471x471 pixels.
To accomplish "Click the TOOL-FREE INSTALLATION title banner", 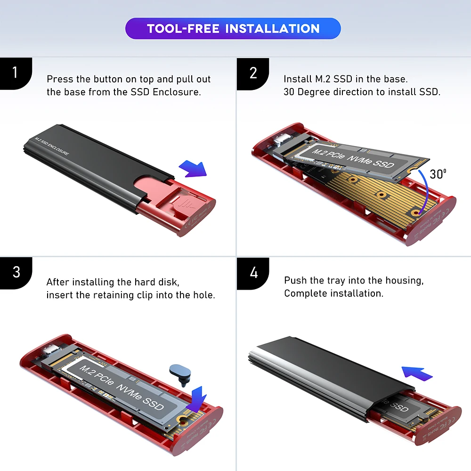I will tap(233, 28).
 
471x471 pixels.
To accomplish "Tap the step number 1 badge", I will tap(16, 73).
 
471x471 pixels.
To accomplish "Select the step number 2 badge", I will tap(253, 73).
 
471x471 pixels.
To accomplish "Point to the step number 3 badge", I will tap(16, 272).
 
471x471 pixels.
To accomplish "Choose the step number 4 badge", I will tap(253, 272).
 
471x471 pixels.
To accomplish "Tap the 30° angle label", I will tap(438, 174).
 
